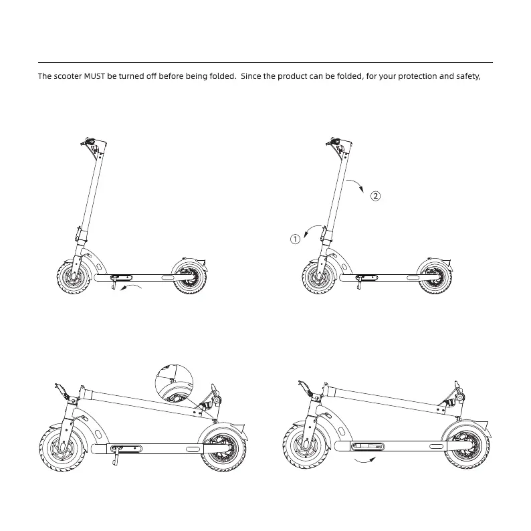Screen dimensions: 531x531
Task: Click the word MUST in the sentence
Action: (94, 76)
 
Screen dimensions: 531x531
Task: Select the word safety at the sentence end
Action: (466, 76)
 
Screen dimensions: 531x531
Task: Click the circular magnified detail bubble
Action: (173, 385)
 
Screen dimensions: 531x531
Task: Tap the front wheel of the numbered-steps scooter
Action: (318, 277)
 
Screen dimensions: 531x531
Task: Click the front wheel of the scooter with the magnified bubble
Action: (62, 448)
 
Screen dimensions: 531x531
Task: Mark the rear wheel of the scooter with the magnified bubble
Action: (223, 448)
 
